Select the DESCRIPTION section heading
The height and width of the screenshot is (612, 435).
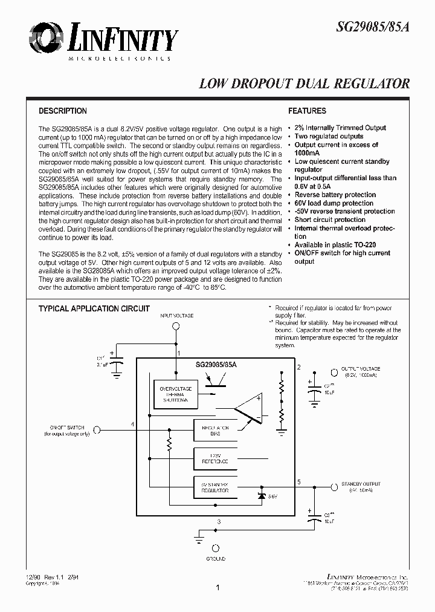(x=63, y=111)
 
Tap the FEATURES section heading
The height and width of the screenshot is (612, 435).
(x=307, y=111)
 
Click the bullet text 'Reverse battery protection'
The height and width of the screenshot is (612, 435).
(x=335, y=195)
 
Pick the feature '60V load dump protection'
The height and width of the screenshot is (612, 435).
(x=333, y=203)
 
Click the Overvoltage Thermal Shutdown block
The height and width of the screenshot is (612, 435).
(x=174, y=394)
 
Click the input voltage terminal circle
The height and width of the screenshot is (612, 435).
(x=176, y=327)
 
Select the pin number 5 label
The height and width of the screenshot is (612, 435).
(x=298, y=481)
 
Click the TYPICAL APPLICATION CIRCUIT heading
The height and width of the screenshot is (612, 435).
(x=94, y=308)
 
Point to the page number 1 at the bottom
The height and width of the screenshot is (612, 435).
(x=217, y=587)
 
